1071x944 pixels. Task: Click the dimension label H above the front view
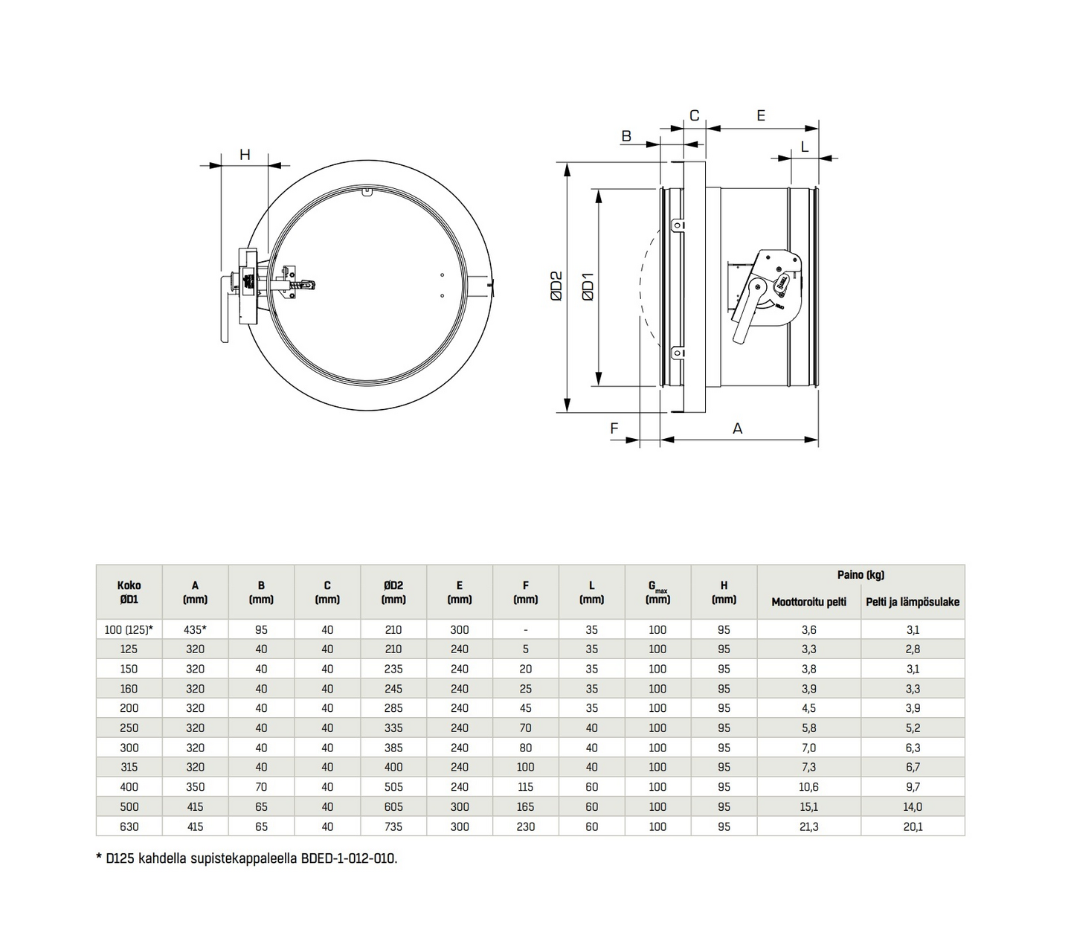click(x=244, y=155)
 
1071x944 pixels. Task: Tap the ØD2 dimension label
click(x=556, y=286)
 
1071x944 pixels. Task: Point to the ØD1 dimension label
click(x=588, y=286)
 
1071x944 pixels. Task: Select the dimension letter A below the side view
click(x=738, y=428)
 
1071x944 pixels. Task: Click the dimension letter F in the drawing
click(x=614, y=428)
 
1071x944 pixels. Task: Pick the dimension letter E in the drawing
click(x=761, y=115)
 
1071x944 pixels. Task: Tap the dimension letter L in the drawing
click(x=805, y=147)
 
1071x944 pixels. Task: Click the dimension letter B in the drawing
click(x=626, y=136)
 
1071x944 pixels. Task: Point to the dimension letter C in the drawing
click(x=695, y=115)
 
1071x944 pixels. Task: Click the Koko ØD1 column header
click(x=129, y=592)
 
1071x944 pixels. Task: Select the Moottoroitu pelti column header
click(x=808, y=602)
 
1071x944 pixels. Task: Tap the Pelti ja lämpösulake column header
click(x=913, y=602)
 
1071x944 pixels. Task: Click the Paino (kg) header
click(x=861, y=575)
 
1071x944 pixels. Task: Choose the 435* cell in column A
click(x=195, y=630)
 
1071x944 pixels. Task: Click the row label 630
click(x=129, y=826)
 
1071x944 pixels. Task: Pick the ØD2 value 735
click(x=393, y=826)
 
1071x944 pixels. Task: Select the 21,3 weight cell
click(x=808, y=826)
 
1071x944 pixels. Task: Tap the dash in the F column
click(x=525, y=630)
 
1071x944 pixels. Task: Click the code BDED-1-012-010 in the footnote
click(x=348, y=858)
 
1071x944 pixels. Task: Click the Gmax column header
click(x=657, y=592)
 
